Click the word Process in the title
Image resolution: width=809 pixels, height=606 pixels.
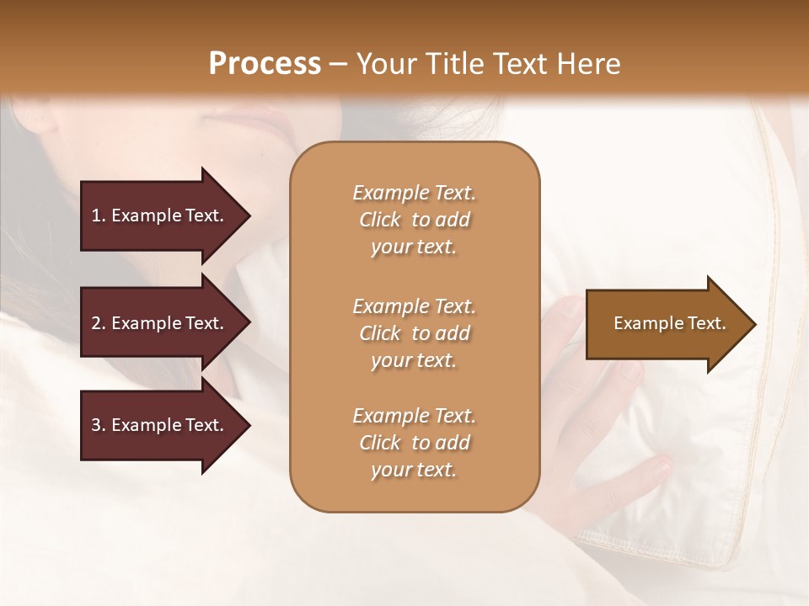coord(265,64)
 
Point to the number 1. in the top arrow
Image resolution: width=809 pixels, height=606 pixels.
coord(99,215)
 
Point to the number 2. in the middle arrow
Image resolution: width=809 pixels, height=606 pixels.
coord(99,323)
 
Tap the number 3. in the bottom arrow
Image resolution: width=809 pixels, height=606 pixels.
coord(99,425)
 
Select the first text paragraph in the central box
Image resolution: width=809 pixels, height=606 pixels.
coord(414,220)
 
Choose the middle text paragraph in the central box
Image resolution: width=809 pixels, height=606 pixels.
coord(414,333)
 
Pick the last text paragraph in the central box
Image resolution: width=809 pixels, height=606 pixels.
coord(414,443)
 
